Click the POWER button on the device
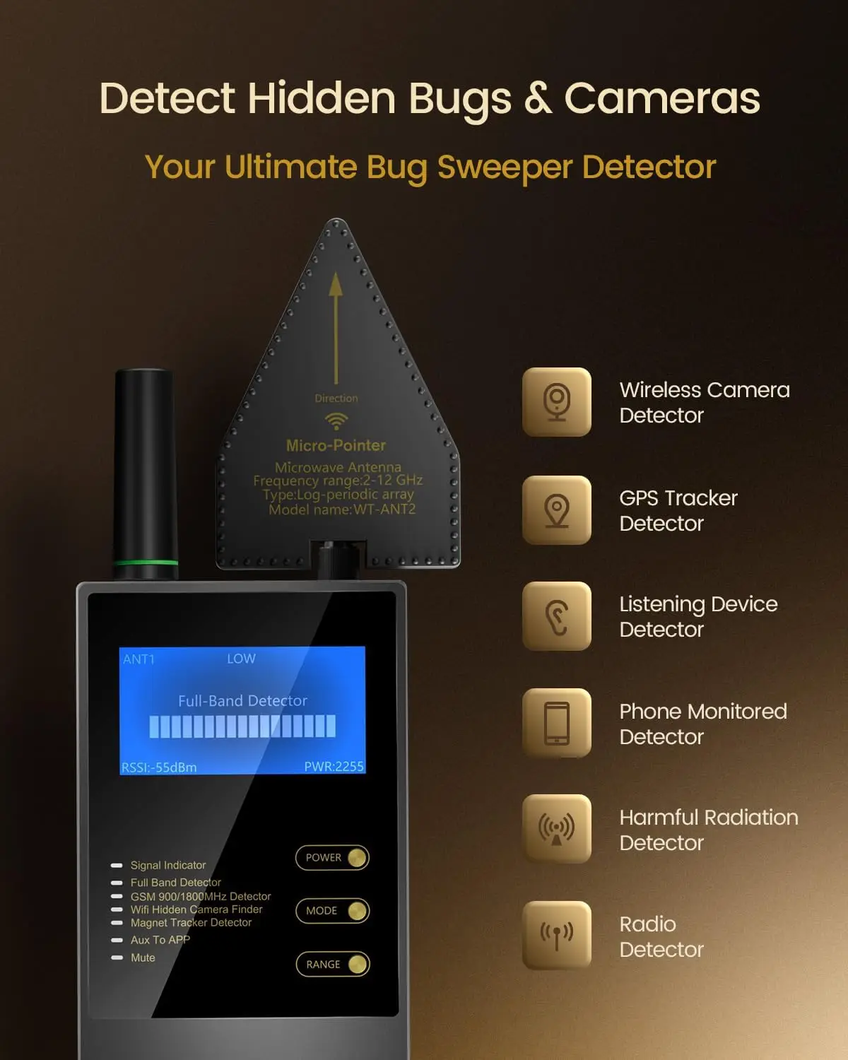332,858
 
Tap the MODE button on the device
332,911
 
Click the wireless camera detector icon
557,402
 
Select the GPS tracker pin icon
557,510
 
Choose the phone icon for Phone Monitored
557,723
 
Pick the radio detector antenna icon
557,936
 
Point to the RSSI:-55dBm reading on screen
159,767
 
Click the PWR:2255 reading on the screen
334,767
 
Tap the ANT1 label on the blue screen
139,659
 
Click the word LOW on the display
241,659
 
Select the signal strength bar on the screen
242,726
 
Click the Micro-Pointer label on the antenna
336,446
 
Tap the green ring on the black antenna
146,563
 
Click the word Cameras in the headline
662,98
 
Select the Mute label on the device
143,958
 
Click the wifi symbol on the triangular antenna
336,421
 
